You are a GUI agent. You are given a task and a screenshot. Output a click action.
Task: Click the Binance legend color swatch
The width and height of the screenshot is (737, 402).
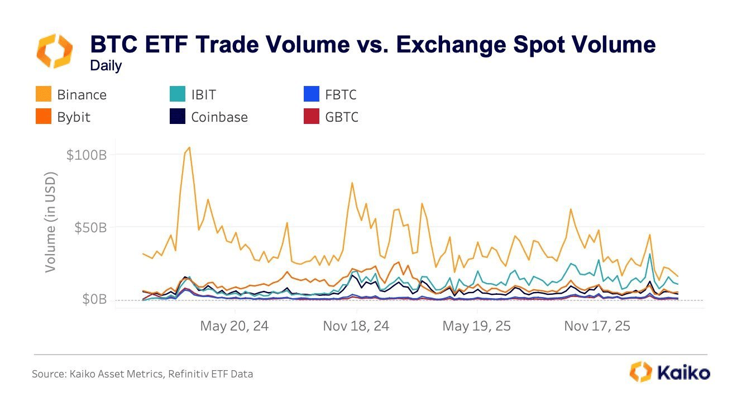pos(44,94)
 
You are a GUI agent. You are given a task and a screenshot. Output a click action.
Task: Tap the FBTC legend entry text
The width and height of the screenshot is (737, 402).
pos(341,94)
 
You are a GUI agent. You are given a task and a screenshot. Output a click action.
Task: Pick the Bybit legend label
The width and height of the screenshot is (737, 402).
pos(73,117)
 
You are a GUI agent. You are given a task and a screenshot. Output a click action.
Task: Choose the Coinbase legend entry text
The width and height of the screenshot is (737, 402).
pos(219,117)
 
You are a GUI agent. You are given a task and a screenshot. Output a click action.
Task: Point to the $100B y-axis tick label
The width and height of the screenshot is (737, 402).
pos(86,155)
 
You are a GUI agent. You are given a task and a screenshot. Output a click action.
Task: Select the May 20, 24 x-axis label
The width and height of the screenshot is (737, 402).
pos(234,326)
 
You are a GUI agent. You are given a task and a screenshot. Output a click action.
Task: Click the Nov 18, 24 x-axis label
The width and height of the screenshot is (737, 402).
pos(356,326)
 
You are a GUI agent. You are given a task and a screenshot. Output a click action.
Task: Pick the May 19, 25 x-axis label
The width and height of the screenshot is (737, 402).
pos(476,326)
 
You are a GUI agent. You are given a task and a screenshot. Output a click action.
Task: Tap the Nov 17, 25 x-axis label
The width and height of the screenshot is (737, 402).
pos(597,326)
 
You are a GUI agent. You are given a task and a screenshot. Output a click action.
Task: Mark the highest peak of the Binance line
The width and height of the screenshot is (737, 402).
pos(189,147)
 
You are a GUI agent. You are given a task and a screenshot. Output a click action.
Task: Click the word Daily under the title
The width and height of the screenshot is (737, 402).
pos(106,66)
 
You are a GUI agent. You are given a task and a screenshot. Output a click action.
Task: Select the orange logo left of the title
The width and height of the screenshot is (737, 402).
pos(55,51)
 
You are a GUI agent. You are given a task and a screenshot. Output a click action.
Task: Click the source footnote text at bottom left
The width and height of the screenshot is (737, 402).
pos(142,374)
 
